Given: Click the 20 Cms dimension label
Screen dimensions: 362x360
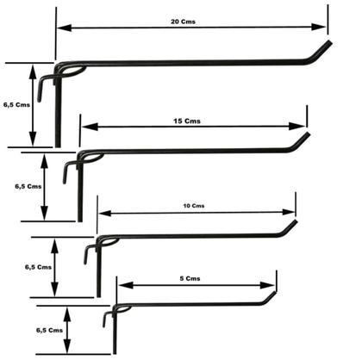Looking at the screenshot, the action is [183, 22].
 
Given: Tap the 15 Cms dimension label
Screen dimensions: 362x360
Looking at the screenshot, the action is [187, 121].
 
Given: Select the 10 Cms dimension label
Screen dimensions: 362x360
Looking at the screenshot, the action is [194, 206].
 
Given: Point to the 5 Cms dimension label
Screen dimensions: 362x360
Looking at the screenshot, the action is [190, 278].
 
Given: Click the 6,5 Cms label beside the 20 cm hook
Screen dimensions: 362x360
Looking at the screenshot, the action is [16, 105].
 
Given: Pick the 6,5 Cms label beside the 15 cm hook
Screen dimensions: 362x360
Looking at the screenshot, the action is [28, 186].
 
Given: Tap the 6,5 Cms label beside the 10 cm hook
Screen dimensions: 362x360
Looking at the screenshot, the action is [38, 267].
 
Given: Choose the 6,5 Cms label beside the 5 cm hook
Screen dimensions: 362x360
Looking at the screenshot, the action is [49, 330].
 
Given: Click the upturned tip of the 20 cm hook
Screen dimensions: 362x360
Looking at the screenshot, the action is [330, 42].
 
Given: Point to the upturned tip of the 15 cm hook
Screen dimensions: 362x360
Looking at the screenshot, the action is [308, 133].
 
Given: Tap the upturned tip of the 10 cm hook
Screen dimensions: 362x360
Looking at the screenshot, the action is [295, 221].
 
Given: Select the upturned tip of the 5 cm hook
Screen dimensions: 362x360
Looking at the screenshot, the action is [274, 293].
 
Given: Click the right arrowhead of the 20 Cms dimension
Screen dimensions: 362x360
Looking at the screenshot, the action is [319, 28].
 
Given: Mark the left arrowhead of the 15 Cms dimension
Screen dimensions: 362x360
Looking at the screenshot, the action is [90, 127].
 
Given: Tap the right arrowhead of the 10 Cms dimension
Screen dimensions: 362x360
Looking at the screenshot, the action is [289, 213].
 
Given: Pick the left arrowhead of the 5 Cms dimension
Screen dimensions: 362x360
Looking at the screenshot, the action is [126, 285].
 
